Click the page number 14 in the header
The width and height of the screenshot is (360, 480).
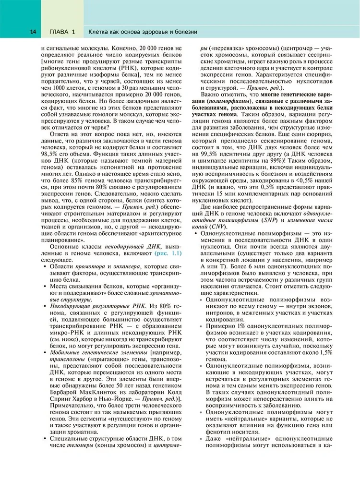pyautogui.click(x=33, y=32)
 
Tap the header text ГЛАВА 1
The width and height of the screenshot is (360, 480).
pyautogui.click(x=62, y=32)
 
